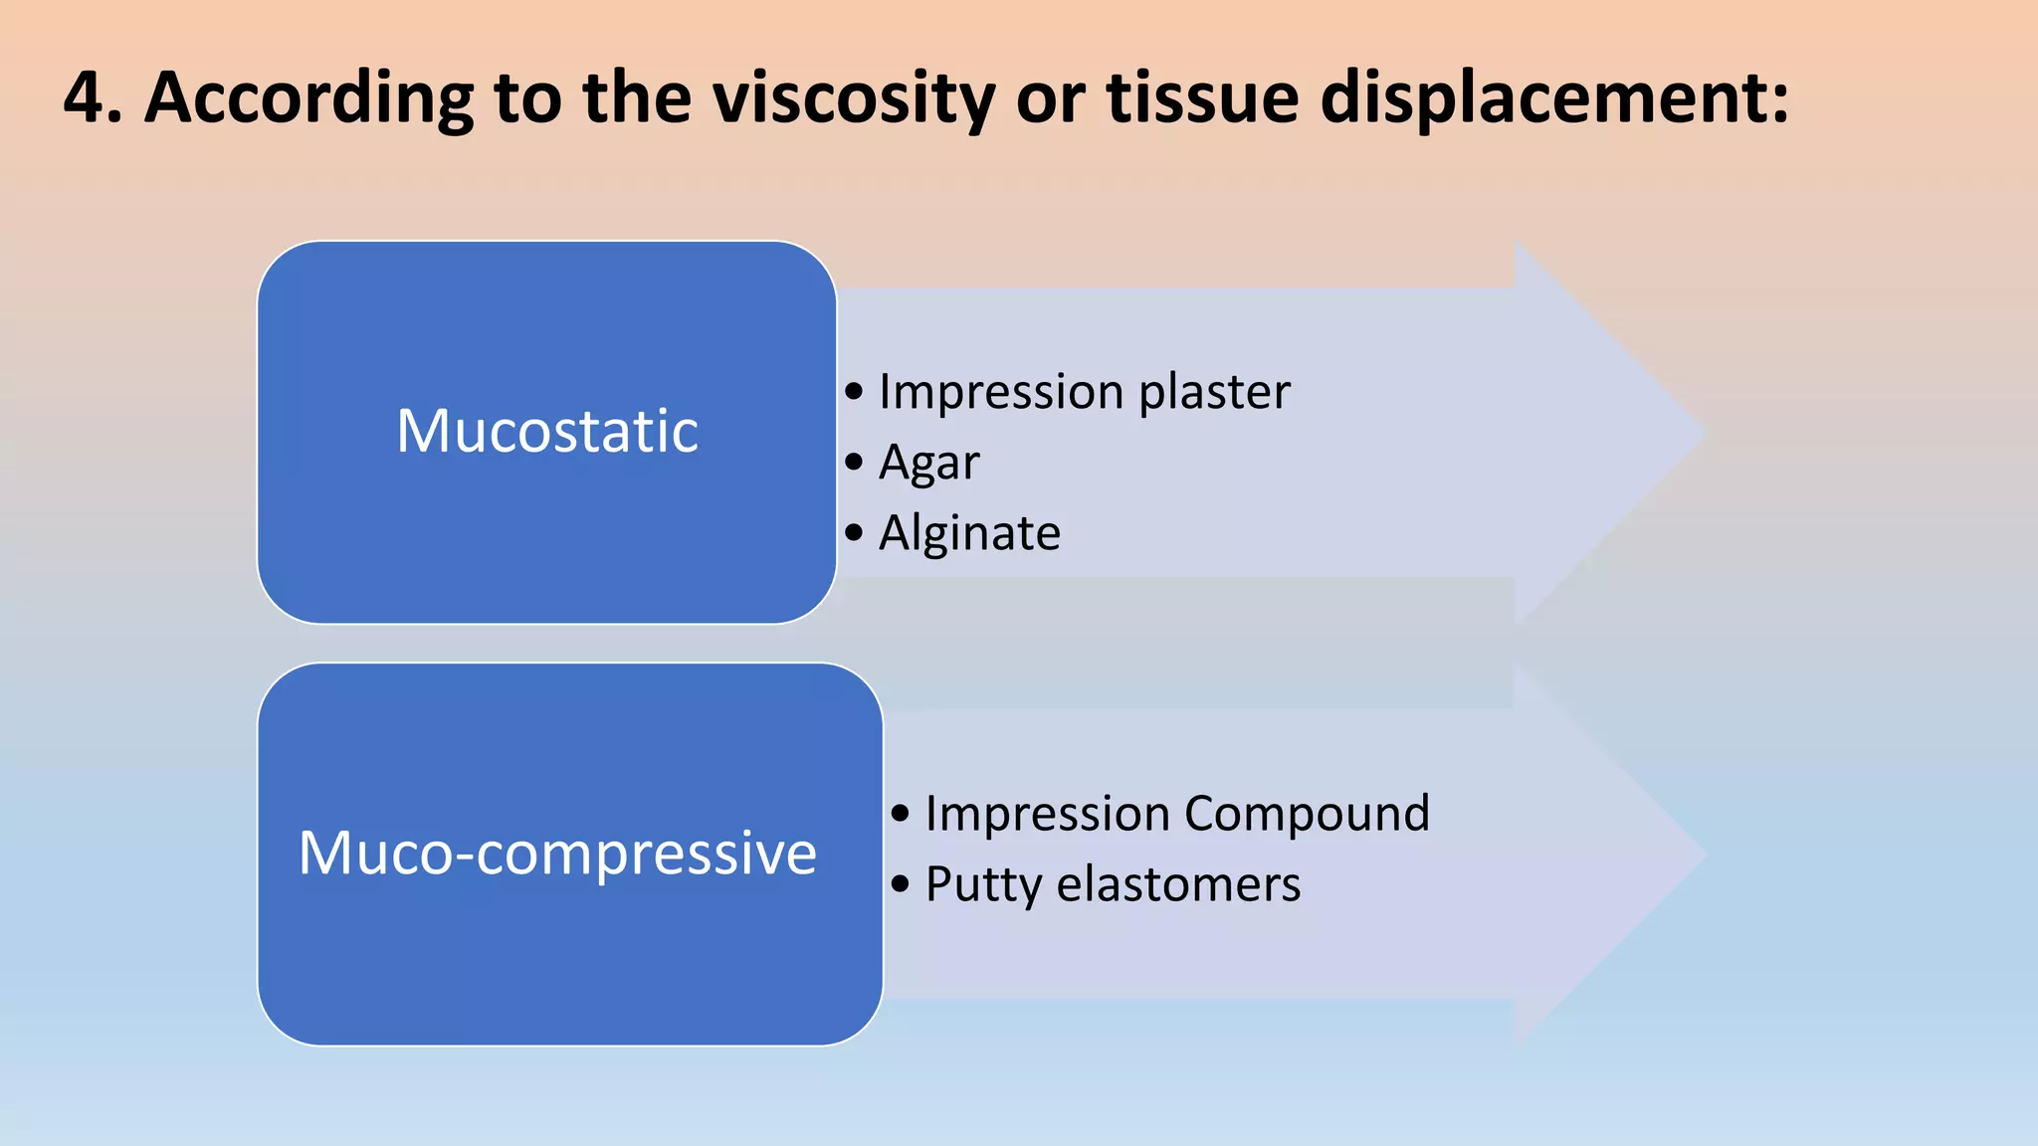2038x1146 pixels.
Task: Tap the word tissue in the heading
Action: [x=1202, y=97]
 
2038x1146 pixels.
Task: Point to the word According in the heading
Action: [x=308, y=97]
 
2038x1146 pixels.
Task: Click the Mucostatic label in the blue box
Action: [x=547, y=432]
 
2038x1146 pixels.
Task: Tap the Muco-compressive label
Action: [x=557, y=854]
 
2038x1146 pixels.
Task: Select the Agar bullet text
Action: [x=928, y=463]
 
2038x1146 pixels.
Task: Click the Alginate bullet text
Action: [x=969, y=533]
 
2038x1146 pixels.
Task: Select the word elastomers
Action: [x=1178, y=884]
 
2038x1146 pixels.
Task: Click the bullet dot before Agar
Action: [x=854, y=463]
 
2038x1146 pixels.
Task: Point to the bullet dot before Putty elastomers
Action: [x=901, y=884]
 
